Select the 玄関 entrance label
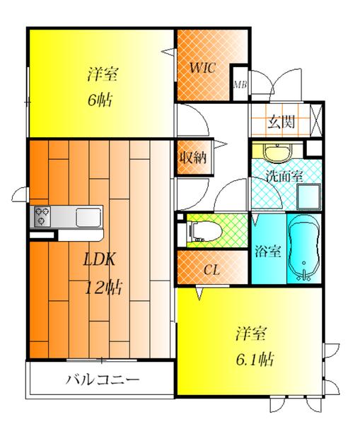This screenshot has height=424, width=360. pyautogui.click(x=280, y=122)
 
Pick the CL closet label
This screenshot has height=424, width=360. pyautogui.click(x=211, y=269)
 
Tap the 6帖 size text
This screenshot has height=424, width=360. pyautogui.click(x=100, y=99)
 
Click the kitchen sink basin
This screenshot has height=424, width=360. pyautogui.click(x=89, y=216)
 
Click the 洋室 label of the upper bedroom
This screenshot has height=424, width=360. pyautogui.click(x=102, y=73)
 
